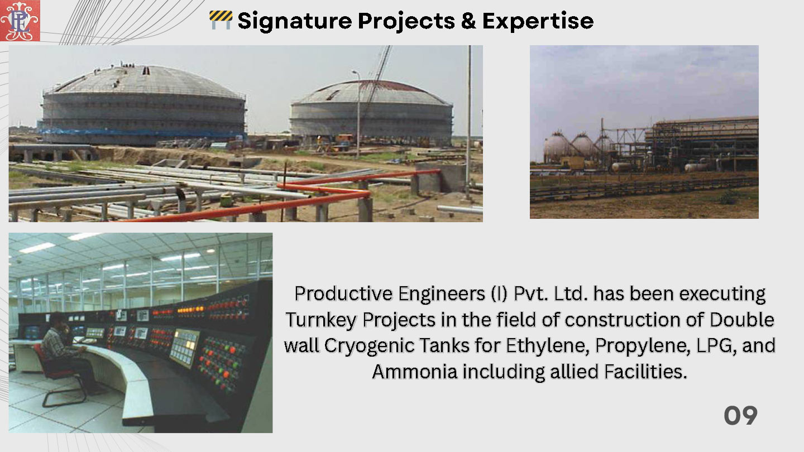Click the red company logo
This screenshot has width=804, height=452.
click(x=20, y=21)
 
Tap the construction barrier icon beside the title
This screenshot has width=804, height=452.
click(x=221, y=20)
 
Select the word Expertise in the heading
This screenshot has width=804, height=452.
click(x=538, y=21)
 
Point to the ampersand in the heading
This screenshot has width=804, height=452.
click(x=468, y=21)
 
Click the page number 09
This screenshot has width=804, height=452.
click(x=740, y=415)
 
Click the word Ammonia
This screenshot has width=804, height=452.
click(x=414, y=371)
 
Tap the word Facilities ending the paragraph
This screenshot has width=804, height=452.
click(x=645, y=371)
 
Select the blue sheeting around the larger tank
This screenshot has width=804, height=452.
click(x=140, y=132)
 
